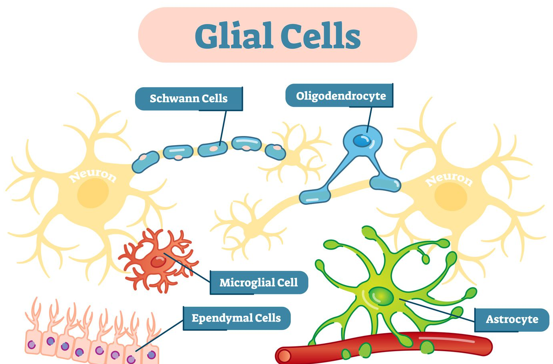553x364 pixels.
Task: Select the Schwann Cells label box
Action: [189, 98]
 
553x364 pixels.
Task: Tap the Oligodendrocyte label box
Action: [340, 96]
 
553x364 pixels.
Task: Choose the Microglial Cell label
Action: [259, 283]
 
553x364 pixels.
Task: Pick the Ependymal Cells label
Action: [237, 318]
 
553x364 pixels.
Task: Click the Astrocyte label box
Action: [512, 320]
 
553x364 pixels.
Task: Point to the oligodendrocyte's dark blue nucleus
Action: [362, 140]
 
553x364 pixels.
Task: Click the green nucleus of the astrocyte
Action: [381, 296]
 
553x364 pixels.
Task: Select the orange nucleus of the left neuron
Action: [93, 193]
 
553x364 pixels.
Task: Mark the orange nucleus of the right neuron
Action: [450, 196]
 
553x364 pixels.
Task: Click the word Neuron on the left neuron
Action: [93, 175]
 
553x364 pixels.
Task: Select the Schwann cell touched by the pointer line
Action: [213, 149]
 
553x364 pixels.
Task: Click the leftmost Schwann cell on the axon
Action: [145, 162]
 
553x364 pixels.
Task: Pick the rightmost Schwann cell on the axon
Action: [276, 152]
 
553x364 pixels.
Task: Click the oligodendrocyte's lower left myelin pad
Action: [315, 196]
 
